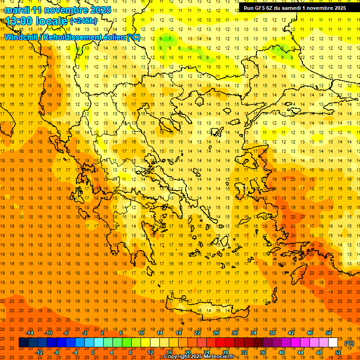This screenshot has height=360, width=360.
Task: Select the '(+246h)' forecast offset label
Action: point(83,21)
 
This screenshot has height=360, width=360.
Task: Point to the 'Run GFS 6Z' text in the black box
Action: point(259,7)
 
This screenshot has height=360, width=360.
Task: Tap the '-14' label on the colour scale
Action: point(30,332)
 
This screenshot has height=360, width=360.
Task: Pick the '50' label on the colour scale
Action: point(329,332)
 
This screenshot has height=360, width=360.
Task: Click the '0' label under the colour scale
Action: point(93,352)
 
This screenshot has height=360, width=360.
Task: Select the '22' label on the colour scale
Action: point(197,332)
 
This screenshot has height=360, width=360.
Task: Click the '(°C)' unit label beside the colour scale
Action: point(349,343)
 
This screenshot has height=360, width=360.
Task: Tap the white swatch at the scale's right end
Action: point(333,343)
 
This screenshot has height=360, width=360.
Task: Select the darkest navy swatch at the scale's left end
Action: point(23,343)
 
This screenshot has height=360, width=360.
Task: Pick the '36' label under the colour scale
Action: point(263,352)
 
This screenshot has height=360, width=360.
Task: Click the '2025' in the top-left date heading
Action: point(100,10)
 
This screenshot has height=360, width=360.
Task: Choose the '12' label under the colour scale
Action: point(151,352)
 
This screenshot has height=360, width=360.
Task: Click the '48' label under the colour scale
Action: point(319,352)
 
